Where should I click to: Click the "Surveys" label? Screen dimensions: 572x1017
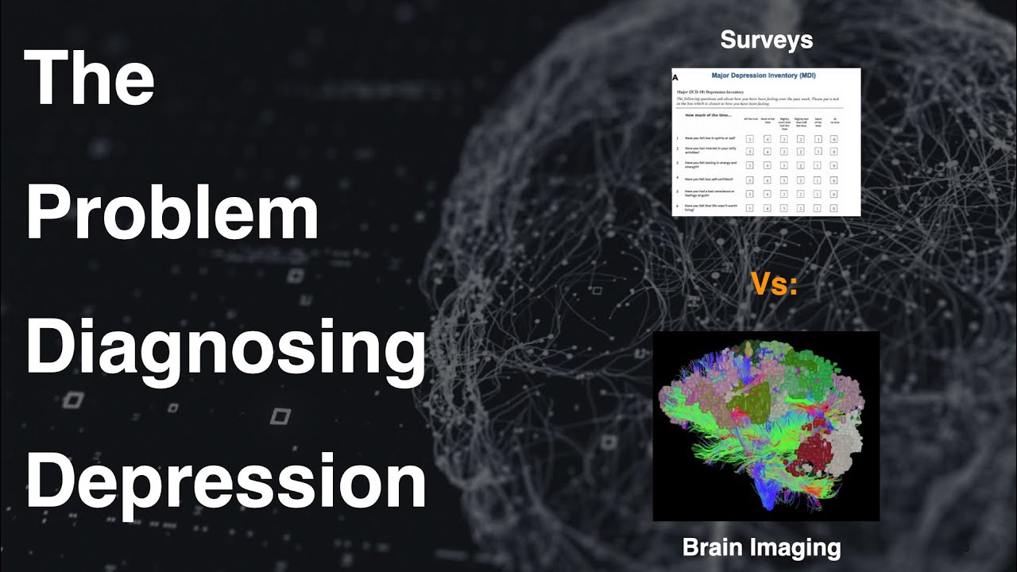coord(766,41)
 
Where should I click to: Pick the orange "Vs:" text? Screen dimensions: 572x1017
coord(774,285)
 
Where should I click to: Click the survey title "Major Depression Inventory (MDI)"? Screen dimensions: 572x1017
coord(764,75)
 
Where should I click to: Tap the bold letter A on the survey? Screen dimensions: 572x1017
coord(675,79)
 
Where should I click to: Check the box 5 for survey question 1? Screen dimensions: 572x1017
coord(748,139)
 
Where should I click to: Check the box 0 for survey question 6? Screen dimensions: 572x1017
coord(833,208)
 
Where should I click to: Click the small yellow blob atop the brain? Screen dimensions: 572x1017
coord(749,347)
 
